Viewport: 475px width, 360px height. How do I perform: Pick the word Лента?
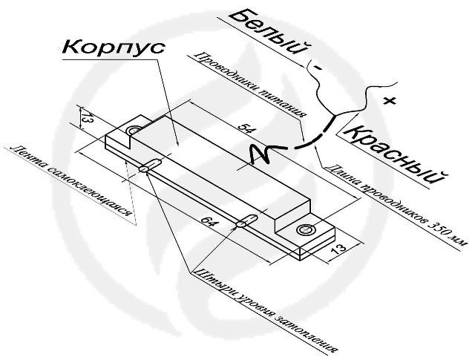tap(25, 158)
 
